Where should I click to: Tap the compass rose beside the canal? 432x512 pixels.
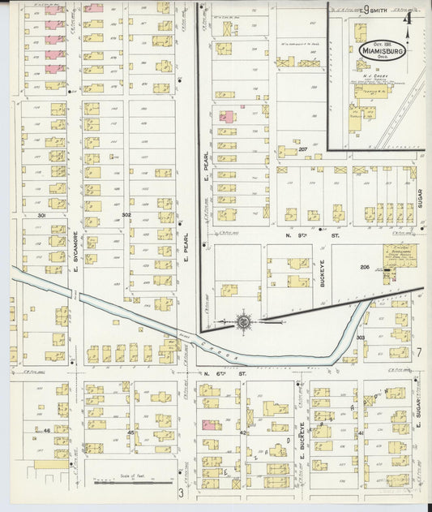click(x=242, y=322)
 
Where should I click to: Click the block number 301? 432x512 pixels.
click(x=41, y=215)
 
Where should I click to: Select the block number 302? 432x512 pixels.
click(x=126, y=215)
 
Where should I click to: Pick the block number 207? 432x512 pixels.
click(x=302, y=149)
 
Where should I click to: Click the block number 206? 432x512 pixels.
click(x=365, y=266)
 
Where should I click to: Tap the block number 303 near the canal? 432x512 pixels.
click(x=360, y=337)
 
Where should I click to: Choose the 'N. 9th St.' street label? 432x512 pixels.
click(x=302, y=234)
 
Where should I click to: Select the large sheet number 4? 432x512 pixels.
click(x=408, y=18)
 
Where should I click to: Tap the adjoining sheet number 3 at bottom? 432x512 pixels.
click(x=181, y=492)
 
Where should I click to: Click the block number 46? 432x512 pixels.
click(x=48, y=429)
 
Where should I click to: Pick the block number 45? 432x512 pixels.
click(x=130, y=433)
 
